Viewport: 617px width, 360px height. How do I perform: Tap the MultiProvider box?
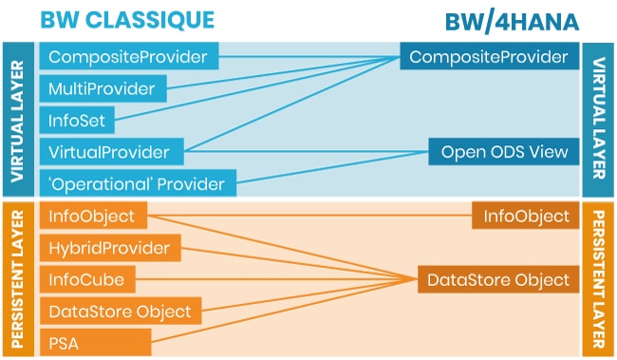point(103,89)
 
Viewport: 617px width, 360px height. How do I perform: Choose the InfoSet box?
point(78,121)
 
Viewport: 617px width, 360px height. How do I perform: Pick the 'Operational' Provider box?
point(137,183)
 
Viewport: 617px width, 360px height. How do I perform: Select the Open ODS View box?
point(502,152)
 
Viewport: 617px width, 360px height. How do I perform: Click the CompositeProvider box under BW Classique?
point(128,58)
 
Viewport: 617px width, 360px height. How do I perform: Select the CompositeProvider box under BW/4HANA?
point(489,58)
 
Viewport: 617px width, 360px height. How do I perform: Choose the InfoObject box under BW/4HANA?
point(524,217)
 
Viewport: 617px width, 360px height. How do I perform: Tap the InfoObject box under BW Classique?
point(93,217)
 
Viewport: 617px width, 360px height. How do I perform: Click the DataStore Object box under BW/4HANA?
point(497,279)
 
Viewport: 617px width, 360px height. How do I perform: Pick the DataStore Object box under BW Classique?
point(120,311)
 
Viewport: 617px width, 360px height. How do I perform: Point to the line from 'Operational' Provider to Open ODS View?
point(332,166)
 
